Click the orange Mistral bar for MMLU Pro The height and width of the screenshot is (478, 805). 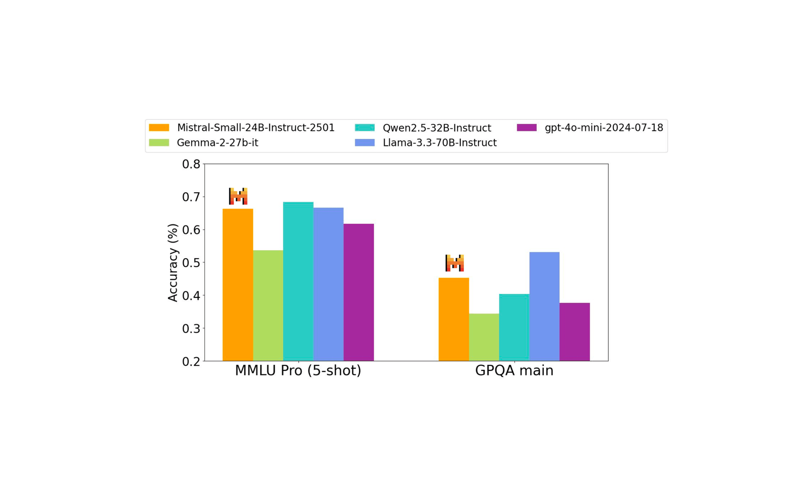[x=237, y=285]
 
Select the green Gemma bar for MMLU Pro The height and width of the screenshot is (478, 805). [x=268, y=305]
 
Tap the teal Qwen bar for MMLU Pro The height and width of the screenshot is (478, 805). [x=298, y=281]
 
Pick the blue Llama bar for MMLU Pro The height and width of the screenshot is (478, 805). [x=328, y=284]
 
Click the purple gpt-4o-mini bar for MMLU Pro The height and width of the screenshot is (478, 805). [x=358, y=292]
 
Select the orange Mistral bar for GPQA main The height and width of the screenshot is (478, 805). [x=453, y=319]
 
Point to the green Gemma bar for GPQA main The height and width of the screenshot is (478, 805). [x=484, y=337]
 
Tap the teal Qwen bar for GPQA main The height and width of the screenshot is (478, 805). [x=514, y=327]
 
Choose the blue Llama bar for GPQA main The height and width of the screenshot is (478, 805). [x=544, y=306]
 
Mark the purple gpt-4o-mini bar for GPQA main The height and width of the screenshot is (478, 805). [x=574, y=332]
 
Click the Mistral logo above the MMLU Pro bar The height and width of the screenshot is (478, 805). [x=238, y=196]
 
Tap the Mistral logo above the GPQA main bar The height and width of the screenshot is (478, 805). [x=454, y=263]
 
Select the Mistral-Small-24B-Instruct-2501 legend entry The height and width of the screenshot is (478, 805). [x=242, y=128]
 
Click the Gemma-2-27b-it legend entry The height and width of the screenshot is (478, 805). [x=204, y=143]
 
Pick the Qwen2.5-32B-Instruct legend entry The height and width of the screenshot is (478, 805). [x=423, y=128]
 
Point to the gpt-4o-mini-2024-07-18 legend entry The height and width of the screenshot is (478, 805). [x=590, y=128]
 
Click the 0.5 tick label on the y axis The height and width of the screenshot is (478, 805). [x=191, y=263]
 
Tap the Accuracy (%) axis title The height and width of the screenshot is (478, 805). [x=173, y=263]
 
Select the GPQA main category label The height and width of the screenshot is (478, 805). [x=514, y=371]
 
